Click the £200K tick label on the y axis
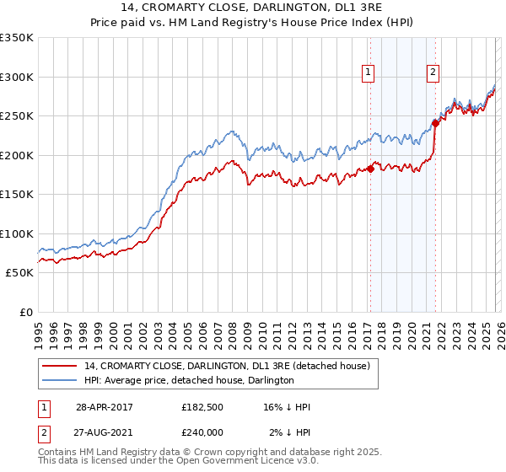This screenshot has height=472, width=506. pyautogui.click(x=17, y=156)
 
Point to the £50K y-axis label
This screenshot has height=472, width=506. pyautogui.click(x=19, y=273)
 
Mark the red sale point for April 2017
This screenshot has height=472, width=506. pyautogui.click(x=370, y=169)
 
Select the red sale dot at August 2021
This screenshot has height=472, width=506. pyautogui.click(x=435, y=123)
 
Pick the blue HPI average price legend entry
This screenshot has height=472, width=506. pyautogui.click(x=189, y=380)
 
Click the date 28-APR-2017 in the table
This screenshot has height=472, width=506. pyautogui.click(x=104, y=407)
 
